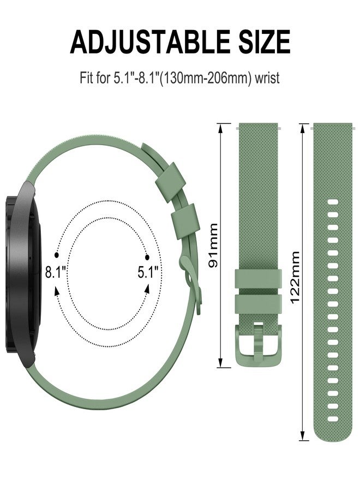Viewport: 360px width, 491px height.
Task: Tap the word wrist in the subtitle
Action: click(x=267, y=77)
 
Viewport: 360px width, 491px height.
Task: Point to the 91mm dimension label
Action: click(x=213, y=245)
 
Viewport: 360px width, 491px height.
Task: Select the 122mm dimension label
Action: click(x=295, y=278)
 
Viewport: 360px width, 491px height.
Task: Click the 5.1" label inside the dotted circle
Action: click(x=148, y=272)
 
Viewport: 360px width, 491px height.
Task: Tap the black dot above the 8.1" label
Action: click(x=56, y=255)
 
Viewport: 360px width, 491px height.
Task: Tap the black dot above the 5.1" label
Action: click(x=147, y=258)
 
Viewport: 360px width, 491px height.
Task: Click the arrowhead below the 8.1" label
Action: click(x=57, y=291)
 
